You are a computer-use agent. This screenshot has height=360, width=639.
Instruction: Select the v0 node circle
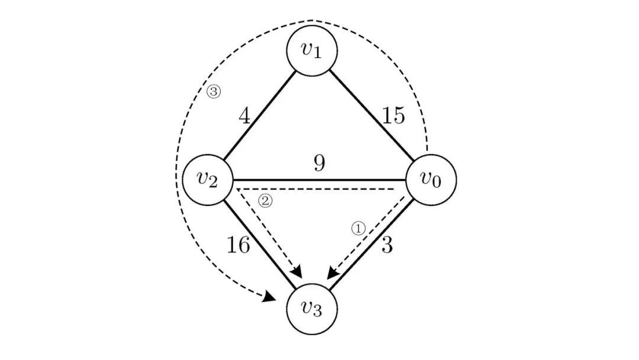[431, 180]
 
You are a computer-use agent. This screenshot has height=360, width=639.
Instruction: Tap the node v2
[207, 180]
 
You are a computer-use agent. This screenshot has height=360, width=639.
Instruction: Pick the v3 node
[312, 308]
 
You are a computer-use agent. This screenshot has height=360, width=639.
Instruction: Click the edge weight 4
[244, 115]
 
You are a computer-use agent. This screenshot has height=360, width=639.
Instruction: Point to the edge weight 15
[393, 116]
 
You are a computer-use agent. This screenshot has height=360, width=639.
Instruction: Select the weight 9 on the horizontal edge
[320, 163]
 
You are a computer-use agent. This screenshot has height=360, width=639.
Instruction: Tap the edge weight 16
[238, 245]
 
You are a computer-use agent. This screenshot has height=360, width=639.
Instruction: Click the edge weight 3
[386, 245]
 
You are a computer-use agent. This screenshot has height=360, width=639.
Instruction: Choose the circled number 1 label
[359, 229]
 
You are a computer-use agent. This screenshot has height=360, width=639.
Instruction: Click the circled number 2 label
[266, 201]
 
